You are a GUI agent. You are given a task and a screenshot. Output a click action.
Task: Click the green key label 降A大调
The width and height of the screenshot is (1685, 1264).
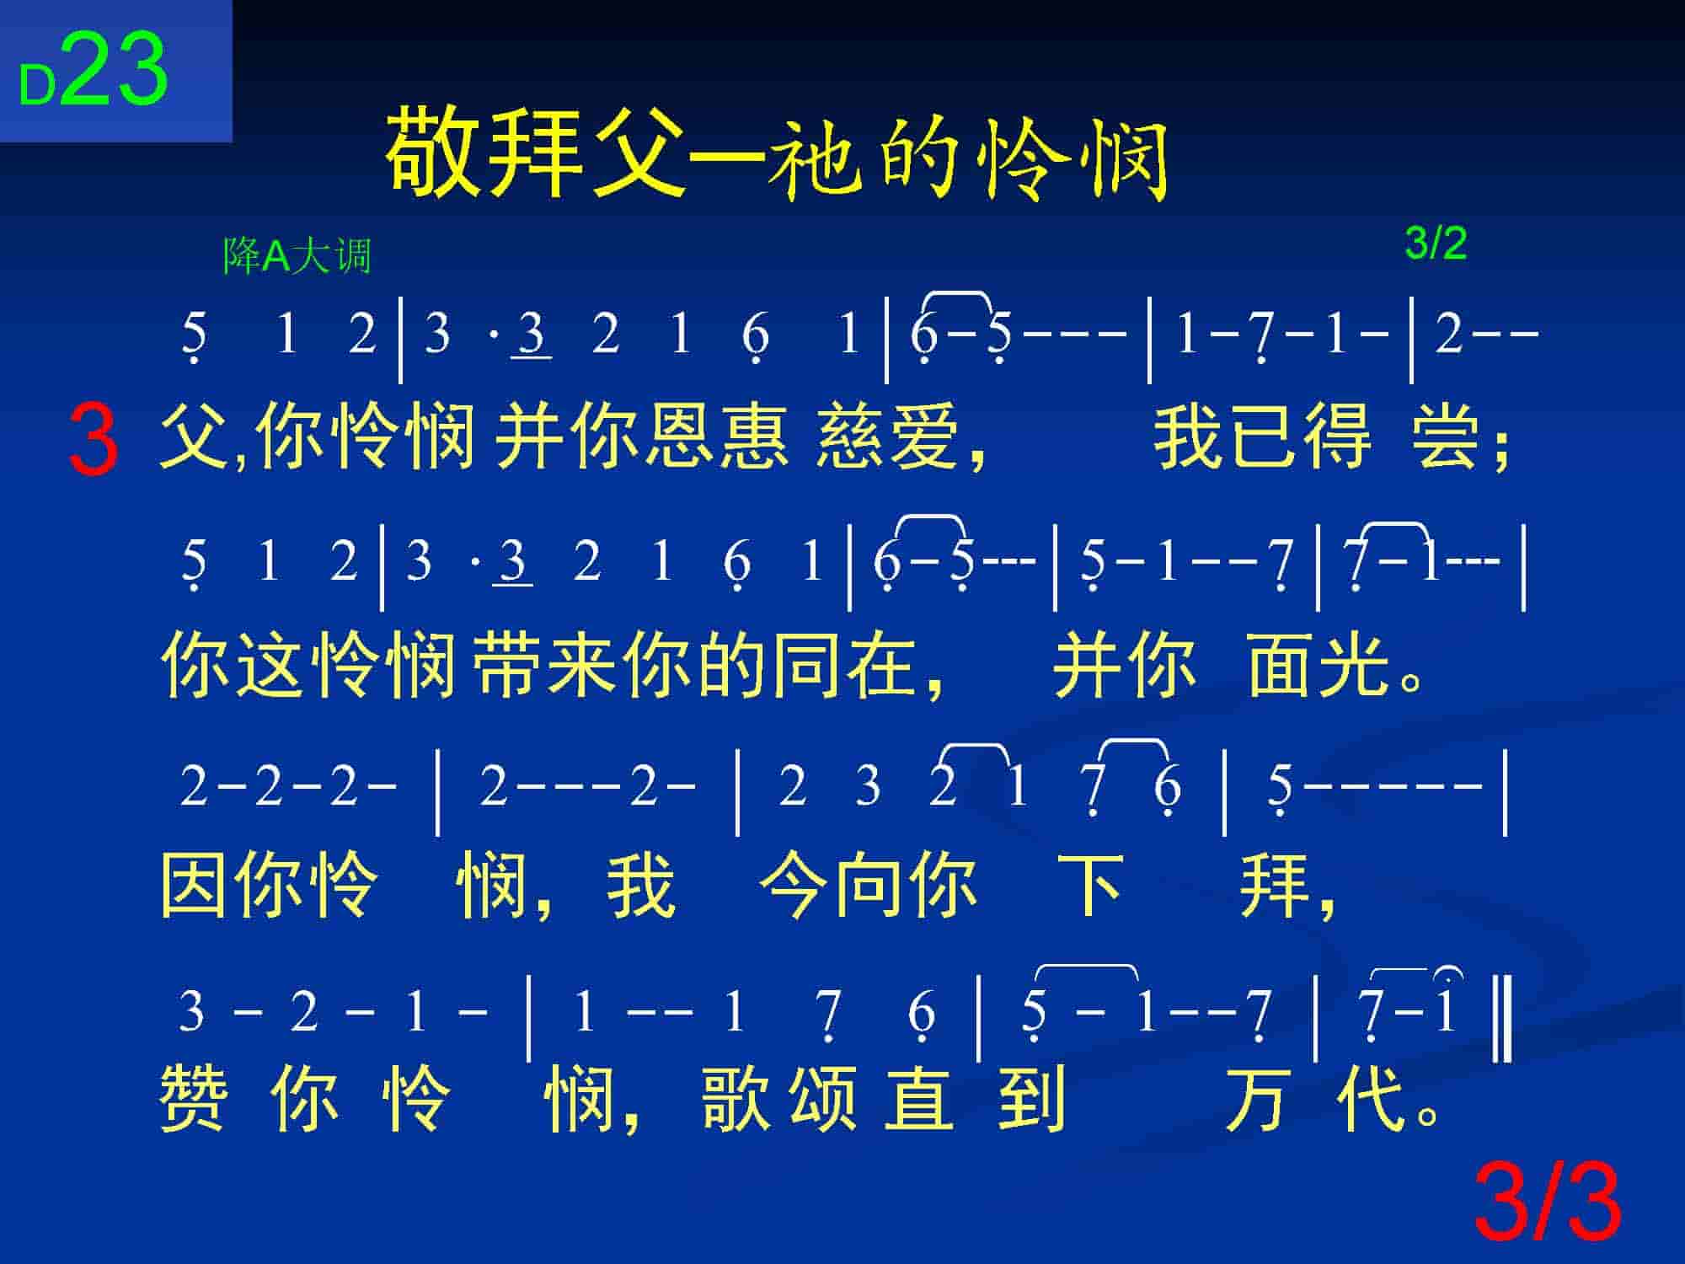(297, 256)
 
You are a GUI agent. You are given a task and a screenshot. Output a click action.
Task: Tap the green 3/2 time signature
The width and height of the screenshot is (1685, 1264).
(1436, 244)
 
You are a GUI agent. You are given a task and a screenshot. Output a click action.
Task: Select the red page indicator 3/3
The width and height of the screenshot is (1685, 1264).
(1548, 1203)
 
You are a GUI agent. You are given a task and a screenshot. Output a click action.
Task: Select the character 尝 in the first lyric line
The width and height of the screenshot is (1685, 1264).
(1446, 436)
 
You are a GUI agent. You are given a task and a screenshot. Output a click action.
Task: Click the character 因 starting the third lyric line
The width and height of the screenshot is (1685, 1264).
(195, 885)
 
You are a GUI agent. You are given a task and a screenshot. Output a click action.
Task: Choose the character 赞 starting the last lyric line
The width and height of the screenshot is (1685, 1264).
(194, 1097)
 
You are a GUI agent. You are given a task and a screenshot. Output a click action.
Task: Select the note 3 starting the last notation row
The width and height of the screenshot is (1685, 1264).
(192, 1010)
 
